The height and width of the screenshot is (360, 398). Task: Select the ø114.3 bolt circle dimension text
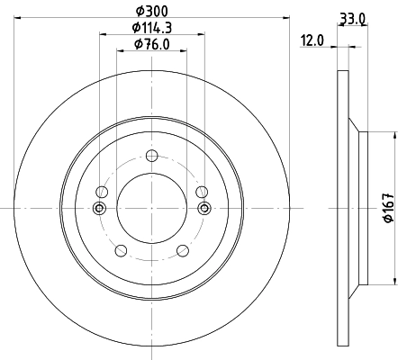point(151,27)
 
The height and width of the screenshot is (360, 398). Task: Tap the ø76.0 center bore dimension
point(151,44)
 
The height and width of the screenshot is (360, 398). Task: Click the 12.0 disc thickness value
point(313,40)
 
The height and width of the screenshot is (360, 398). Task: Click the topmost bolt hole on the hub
point(151,154)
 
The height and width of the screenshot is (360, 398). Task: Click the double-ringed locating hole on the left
point(99,209)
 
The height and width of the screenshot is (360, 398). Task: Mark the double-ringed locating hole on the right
point(204,209)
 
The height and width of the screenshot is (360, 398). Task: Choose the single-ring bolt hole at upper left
point(101,193)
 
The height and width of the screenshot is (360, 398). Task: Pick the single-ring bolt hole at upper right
point(202,193)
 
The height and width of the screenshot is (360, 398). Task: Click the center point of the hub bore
point(151,209)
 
